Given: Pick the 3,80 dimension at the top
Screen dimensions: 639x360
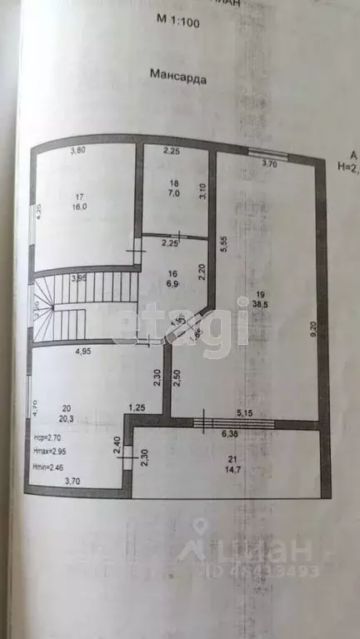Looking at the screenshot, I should pyautogui.click(x=77, y=151).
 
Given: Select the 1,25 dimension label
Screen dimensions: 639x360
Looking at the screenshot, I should pyautogui.click(x=137, y=407).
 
